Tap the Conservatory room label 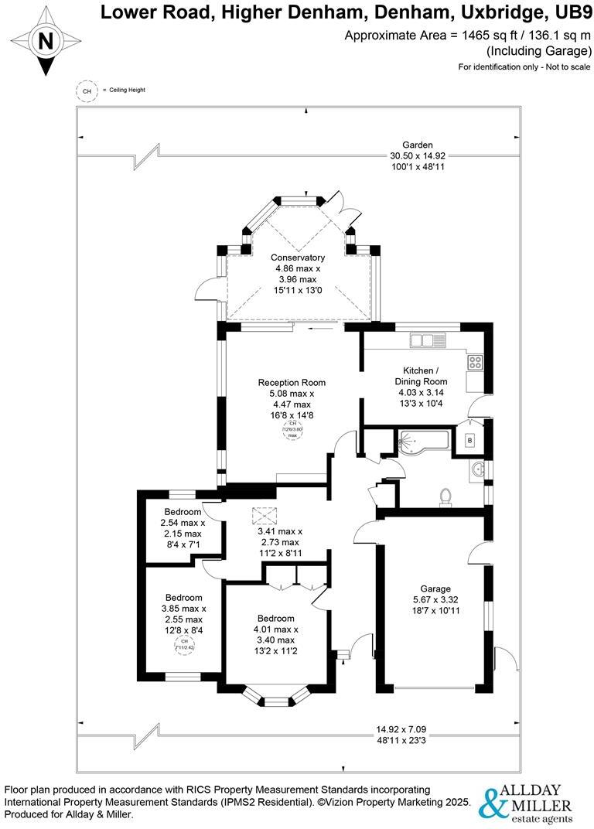(x=297, y=258)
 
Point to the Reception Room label (x=292, y=382)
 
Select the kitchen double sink (x=428, y=339)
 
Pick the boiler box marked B (x=469, y=441)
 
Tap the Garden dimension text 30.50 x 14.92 (x=417, y=155)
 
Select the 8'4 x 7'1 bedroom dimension (x=183, y=544)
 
